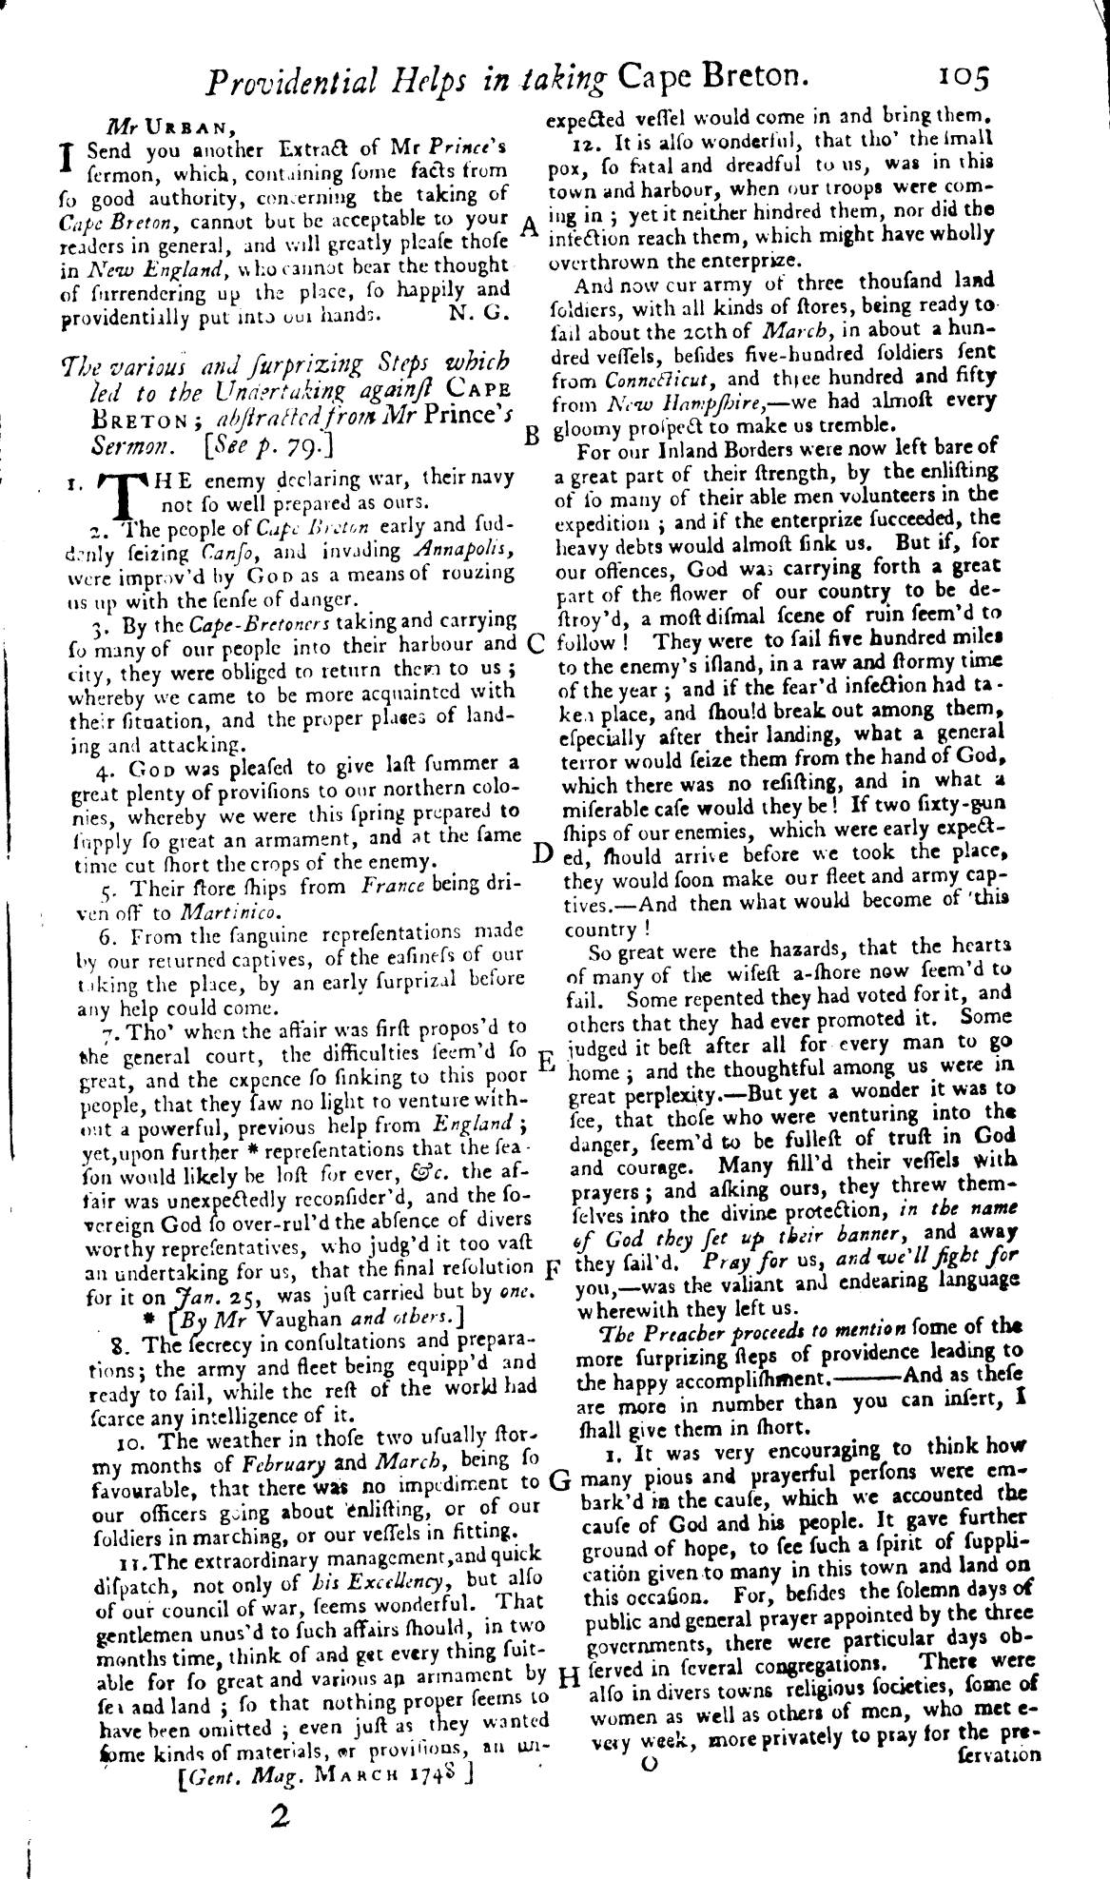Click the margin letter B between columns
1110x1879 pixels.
pyautogui.click(x=533, y=437)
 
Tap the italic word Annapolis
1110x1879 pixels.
pyautogui.click(x=465, y=550)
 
